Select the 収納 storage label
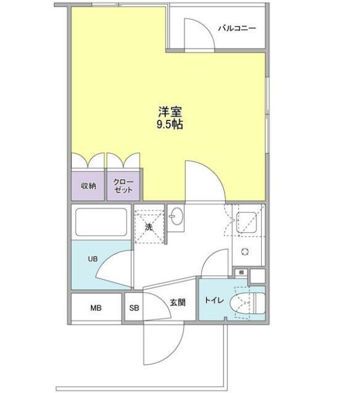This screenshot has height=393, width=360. [x=88, y=186]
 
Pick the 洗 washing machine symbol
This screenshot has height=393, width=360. [x=149, y=226]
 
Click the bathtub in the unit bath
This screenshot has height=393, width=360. [x=101, y=222]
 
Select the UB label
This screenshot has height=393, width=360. [x=93, y=259]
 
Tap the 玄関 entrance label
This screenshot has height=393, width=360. [x=177, y=303]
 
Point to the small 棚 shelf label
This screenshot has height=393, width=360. [x=240, y=273]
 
